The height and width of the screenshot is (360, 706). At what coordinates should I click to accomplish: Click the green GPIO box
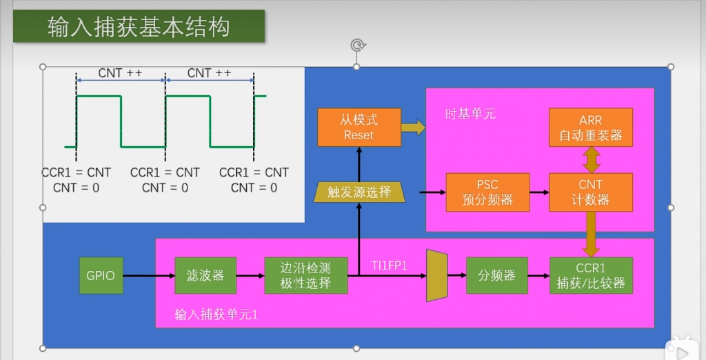[101, 275]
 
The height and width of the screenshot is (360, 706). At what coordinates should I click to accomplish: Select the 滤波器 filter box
[205, 275]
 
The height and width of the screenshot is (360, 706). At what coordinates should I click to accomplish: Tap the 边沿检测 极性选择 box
[305, 275]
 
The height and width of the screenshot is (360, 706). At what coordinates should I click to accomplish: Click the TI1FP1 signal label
[390, 266]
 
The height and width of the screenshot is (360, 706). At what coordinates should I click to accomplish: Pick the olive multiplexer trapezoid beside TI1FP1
[437, 276]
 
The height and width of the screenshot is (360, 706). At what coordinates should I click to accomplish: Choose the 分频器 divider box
[496, 275]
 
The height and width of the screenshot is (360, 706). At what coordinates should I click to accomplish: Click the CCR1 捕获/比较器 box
[591, 275]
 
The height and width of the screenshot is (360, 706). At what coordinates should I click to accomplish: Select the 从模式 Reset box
[359, 128]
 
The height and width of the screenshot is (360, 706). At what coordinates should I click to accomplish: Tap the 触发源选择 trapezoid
[359, 192]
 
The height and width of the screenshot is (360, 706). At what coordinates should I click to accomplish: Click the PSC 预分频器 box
[487, 192]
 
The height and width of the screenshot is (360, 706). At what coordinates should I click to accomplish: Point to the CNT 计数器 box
[591, 192]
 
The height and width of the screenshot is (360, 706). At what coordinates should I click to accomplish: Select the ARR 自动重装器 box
[591, 128]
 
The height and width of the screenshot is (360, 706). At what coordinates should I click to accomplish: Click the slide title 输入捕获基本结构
[139, 27]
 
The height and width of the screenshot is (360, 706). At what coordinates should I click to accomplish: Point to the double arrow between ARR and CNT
[591, 160]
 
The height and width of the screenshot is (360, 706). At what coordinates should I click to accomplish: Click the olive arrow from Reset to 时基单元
[413, 128]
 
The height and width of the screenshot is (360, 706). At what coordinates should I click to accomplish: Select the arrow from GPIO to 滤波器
[148, 276]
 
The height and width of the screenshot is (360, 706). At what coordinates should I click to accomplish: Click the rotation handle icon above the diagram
[357, 46]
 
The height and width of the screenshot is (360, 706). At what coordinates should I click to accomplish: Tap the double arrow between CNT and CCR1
[591, 234]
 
